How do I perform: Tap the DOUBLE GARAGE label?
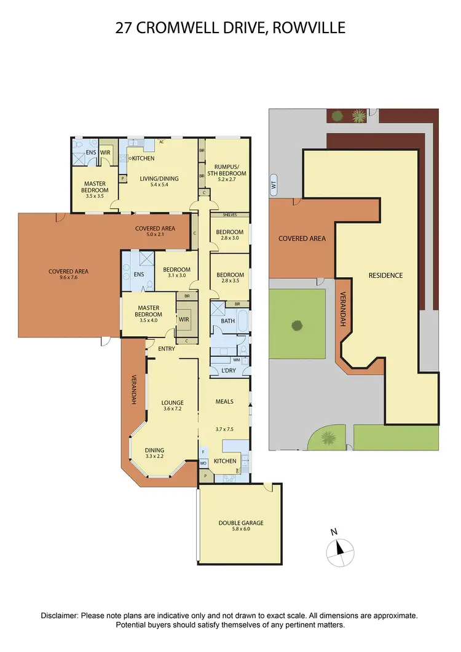pyautogui.click(x=241, y=523)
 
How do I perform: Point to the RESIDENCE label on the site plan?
pyautogui.click(x=385, y=275)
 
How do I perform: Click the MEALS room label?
pyautogui.click(x=224, y=402)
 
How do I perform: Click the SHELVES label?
pyautogui.click(x=229, y=214)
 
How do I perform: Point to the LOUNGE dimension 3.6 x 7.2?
pyautogui.click(x=173, y=409)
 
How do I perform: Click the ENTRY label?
pyautogui.click(x=167, y=349)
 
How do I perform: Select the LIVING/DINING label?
pyautogui.click(x=160, y=179)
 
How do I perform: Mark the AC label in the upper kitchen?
pyautogui.click(x=161, y=142)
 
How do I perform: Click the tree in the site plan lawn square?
pyautogui.click(x=297, y=324)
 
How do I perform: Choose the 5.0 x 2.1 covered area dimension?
pyautogui.click(x=155, y=235)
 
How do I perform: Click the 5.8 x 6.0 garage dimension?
pyautogui.click(x=241, y=530)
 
